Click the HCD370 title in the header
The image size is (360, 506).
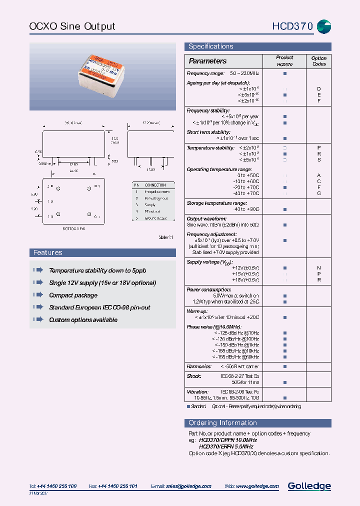[292, 26]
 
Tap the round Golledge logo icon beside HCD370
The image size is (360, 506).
[324, 27]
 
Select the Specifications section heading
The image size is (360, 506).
[210, 46]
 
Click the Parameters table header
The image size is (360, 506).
[207, 61]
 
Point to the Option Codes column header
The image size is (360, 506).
[318, 61]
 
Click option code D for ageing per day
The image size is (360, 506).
[319, 88]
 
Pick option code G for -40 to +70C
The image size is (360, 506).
[319, 193]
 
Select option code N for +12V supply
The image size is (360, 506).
[319, 268]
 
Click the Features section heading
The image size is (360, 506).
[48, 253]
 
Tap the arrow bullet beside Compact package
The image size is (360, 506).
[38, 295]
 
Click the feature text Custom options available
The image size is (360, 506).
[83, 320]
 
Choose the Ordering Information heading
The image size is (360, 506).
[223, 423]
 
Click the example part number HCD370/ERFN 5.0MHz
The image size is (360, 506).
[226, 446]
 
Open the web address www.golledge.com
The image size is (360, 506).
[257, 486]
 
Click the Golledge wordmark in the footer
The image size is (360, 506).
[309, 486]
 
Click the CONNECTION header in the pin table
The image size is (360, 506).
[155, 185]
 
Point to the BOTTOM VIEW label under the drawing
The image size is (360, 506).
[73, 228]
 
